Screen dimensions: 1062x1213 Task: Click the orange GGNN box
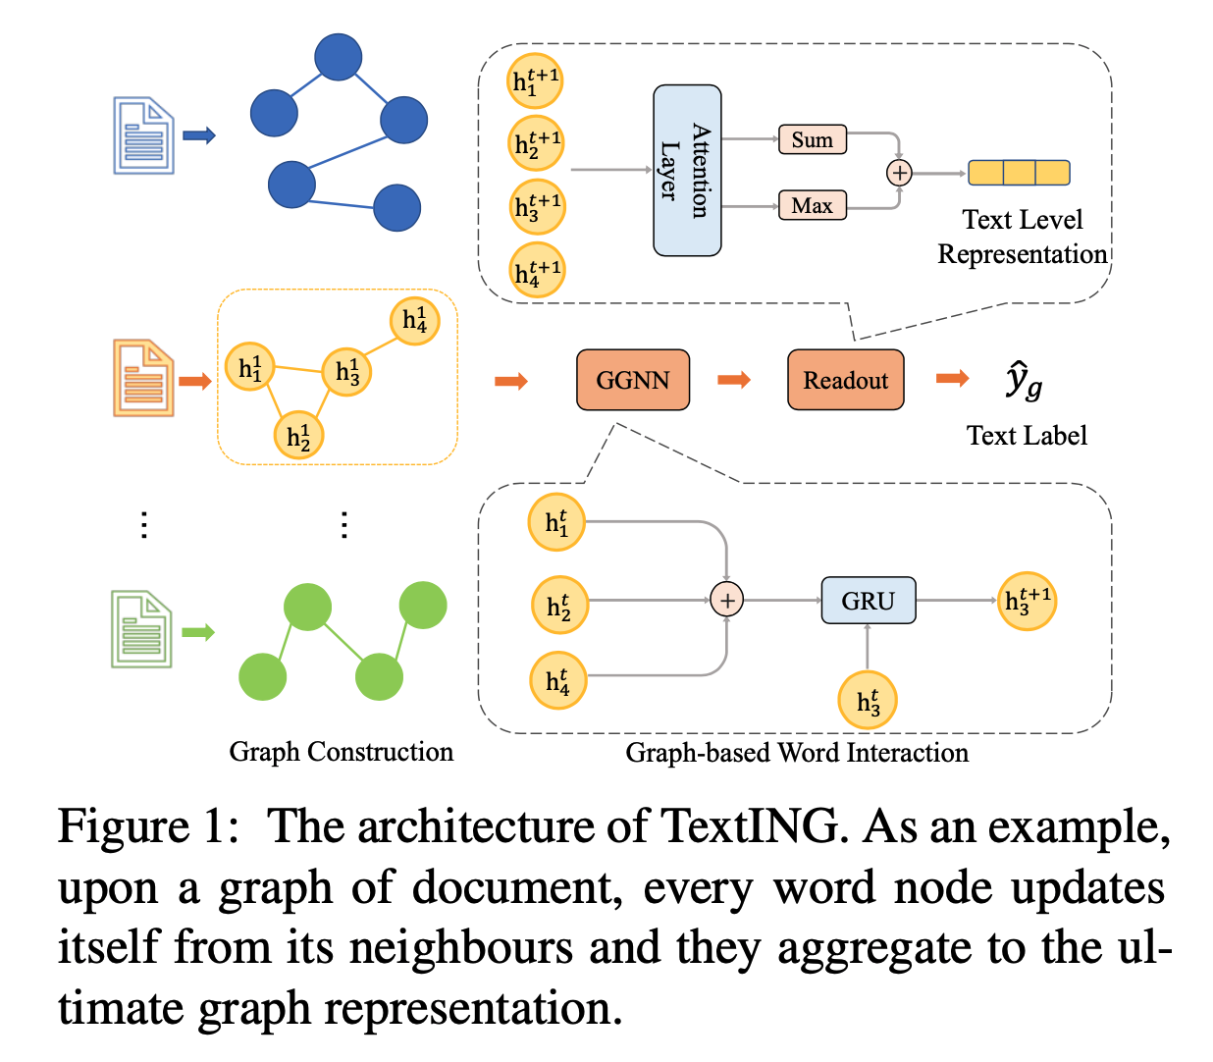(633, 380)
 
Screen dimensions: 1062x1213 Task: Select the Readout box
(845, 380)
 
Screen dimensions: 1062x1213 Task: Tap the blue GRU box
(868, 601)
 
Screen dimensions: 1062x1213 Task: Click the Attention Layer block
(687, 171)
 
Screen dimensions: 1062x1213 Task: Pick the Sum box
(812, 139)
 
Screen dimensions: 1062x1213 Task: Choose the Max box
(812, 205)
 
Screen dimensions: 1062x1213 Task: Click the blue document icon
(143, 135)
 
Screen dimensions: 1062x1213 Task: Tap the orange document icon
(143, 378)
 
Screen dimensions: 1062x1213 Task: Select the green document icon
(142, 629)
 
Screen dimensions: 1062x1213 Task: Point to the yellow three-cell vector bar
(1019, 173)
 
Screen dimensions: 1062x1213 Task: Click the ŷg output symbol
(1024, 381)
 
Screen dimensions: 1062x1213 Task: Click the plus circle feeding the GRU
(726, 600)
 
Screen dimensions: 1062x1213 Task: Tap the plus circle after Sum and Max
(899, 173)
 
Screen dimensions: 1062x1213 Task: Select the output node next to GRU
(1027, 601)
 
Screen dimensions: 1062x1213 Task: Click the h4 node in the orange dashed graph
(414, 320)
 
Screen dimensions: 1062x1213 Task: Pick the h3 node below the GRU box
(868, 701)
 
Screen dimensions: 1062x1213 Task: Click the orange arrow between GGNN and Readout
(734, 380)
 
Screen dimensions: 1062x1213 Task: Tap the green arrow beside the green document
(198, 632)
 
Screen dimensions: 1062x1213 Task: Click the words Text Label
(1027, 436)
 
